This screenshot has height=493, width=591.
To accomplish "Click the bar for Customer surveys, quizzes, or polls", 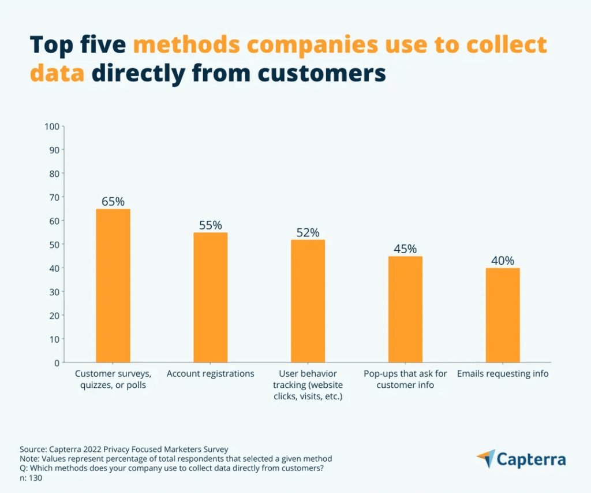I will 113,286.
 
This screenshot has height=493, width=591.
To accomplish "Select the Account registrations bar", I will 210,297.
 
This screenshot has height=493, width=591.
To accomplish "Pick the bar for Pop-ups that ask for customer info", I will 405,309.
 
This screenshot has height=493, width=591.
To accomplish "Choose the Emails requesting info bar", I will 502,315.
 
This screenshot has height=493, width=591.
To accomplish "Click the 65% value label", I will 113,202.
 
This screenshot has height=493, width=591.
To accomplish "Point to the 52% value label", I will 308,232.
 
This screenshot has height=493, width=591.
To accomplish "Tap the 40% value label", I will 502,261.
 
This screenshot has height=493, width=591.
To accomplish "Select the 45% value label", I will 405,249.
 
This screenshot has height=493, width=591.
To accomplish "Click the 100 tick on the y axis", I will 52,127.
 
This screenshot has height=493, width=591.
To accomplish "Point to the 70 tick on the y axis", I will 54,197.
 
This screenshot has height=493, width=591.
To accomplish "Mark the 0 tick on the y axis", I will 57,362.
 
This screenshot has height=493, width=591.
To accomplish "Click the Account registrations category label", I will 210,374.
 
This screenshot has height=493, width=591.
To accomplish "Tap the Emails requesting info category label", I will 502,374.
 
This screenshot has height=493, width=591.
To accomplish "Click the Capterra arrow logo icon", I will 486,458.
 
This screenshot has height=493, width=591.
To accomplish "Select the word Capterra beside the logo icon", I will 532,460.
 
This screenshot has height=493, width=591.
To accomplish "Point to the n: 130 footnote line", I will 31,478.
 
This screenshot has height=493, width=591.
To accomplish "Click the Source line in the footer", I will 124,448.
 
